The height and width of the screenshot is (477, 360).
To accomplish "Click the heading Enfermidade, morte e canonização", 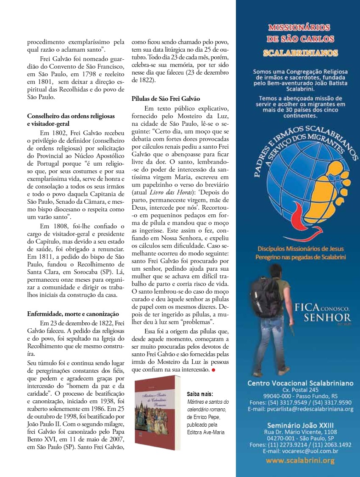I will (x=73, y=314).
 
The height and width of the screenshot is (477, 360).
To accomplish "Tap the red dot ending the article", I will (x=213, y=370).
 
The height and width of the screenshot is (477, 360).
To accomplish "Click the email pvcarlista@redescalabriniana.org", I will (x=300, y=409).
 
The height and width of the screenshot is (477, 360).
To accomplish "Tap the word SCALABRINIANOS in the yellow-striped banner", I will (x=300, y=53).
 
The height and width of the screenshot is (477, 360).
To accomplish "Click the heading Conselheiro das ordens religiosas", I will (x=71, y=116).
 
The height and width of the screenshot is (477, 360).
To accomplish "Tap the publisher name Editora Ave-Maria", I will (x=205, y=432).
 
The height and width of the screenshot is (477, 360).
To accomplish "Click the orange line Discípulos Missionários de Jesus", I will (x=300, y=249).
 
